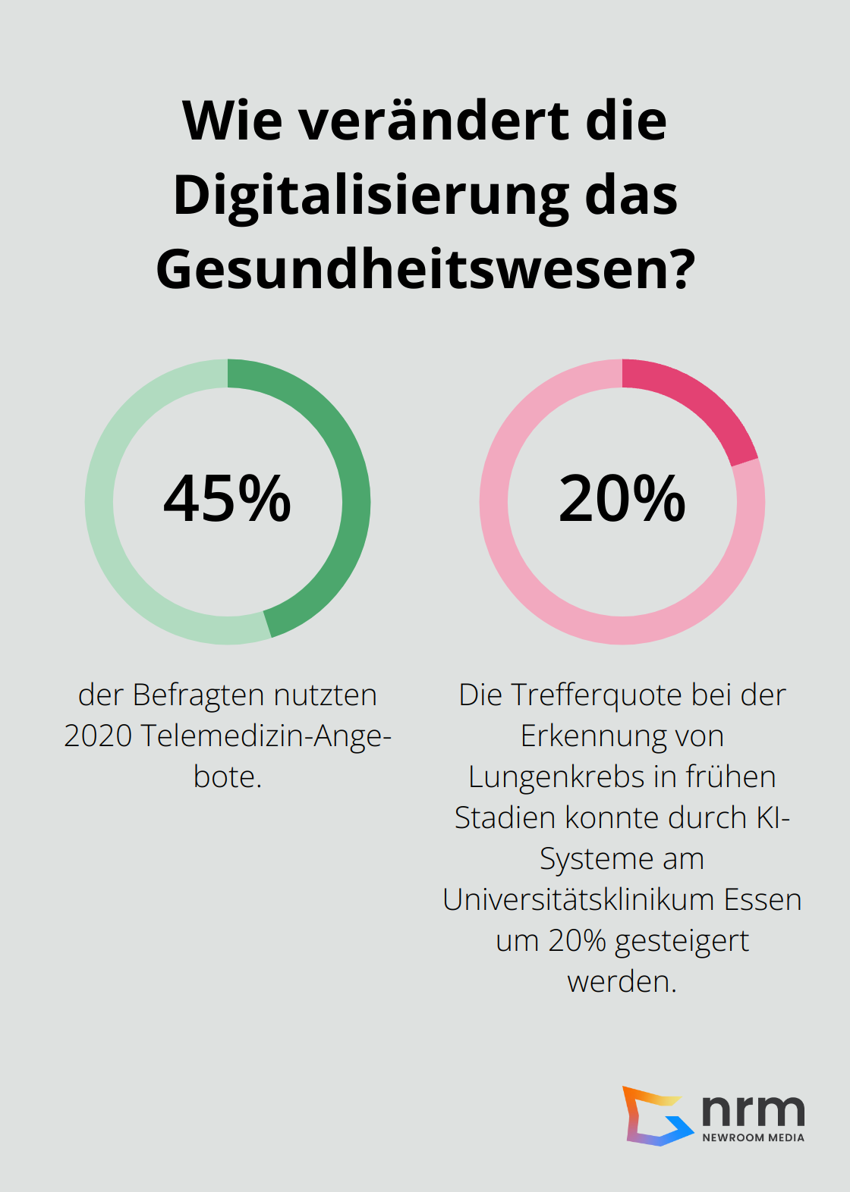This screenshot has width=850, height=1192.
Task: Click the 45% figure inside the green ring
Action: pos(227,499)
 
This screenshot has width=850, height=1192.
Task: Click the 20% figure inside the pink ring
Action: pos(622,499)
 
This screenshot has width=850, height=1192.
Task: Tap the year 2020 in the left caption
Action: pos(98,736)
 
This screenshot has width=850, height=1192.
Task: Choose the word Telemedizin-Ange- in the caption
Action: pos(266,736)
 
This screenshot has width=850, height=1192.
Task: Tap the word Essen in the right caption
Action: pos(762,899)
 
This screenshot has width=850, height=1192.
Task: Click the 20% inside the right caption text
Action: pos(577,940)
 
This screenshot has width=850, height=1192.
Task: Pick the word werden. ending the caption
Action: pos(622,981)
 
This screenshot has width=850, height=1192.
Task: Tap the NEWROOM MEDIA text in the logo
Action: pos(753,1137)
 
